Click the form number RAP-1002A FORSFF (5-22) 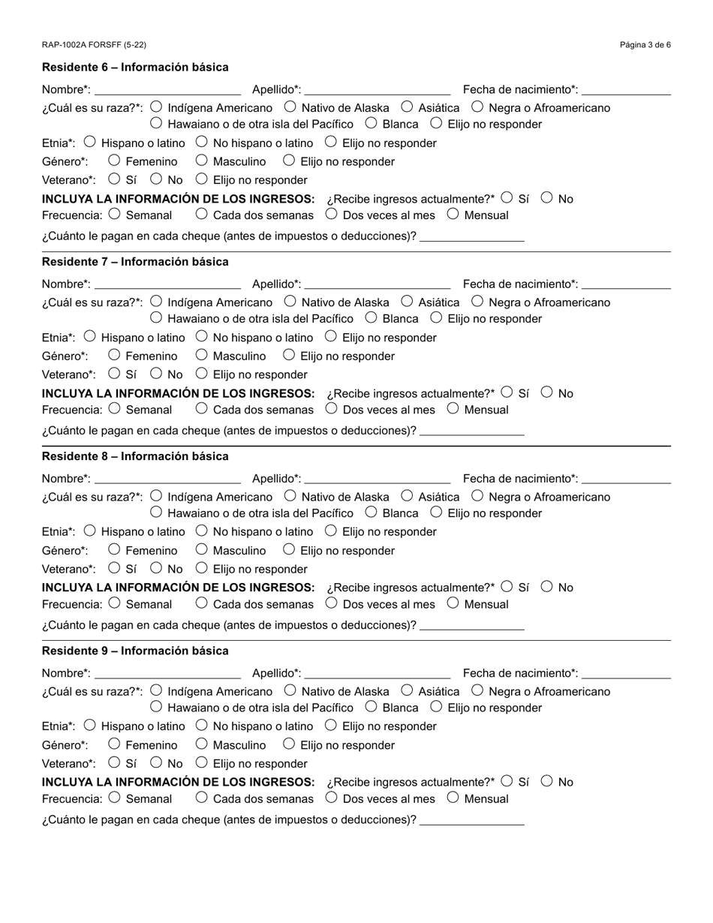coord(94,45)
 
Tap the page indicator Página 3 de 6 coord(645,45)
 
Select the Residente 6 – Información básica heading coord(135,68)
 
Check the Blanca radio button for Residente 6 coord(371,123)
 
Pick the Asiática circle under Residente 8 coord(407,496)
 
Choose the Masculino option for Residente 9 coord(201,744)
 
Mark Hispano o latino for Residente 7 coord(90,337)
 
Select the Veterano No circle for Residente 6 coord(156,179)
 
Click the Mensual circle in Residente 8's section coord(453,603)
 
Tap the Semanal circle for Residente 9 coord(114,798)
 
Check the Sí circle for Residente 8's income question coord(507,587)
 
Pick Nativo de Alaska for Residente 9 coord(290,690)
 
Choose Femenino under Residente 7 coord(114,355)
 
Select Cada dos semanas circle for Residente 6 coord(201,214)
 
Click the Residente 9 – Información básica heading coord(135,651)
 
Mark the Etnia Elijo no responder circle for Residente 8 coord(331,531)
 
